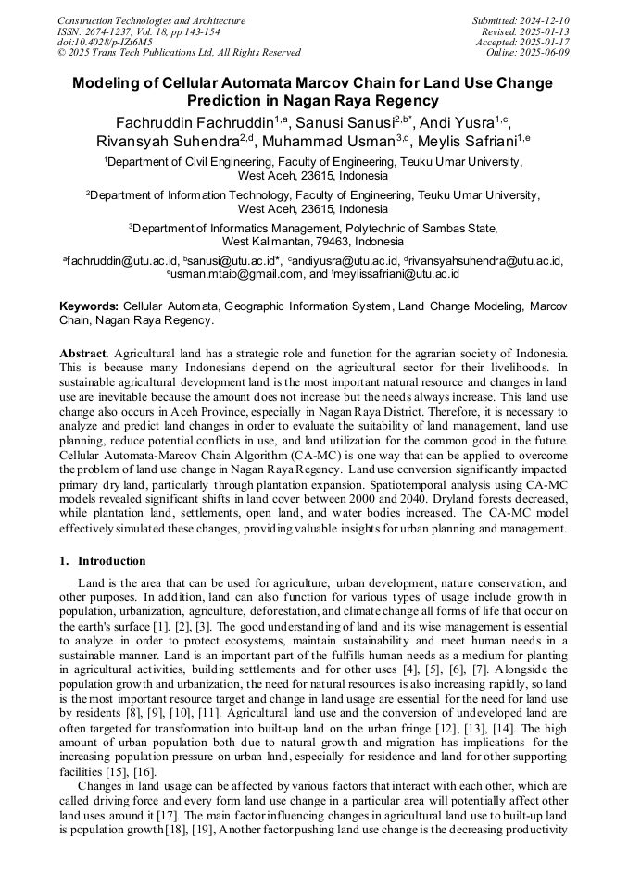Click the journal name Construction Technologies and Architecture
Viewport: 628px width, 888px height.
click(x=151, y=20)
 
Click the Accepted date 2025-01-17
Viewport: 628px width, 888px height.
click(x=547, y=42)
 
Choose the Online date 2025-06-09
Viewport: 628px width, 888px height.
click(x=547, y=53)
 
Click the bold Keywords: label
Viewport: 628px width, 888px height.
click(x=89, y=306)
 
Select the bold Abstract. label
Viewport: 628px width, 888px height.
click(x=84, y=354)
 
